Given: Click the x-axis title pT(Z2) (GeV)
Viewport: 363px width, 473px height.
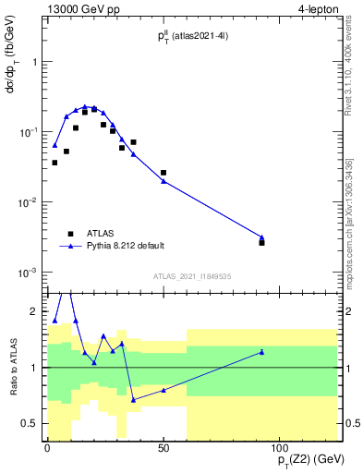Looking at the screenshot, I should click(x=303, y=460).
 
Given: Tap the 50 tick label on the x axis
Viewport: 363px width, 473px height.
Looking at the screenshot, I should click(x=163, y=446).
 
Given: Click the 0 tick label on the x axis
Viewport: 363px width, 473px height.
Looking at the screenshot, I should click(x=47, y=446).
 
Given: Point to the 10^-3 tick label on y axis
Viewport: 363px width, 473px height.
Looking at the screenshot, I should click(x=27, y=273).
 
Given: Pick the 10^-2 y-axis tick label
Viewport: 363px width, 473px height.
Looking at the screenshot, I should click(x=27, y=202).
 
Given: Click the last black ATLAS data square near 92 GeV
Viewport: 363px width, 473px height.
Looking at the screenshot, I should click(x=262, y=242).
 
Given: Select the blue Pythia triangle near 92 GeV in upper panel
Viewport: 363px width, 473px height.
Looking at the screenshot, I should click(x=262, y=237).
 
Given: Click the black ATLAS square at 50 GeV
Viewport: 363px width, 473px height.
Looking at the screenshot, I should click(x=163, y=173).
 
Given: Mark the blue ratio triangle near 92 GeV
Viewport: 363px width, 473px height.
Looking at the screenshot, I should click(x=262, y=352).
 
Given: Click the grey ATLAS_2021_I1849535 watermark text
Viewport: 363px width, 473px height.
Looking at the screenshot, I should click(x=192, y=275).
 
